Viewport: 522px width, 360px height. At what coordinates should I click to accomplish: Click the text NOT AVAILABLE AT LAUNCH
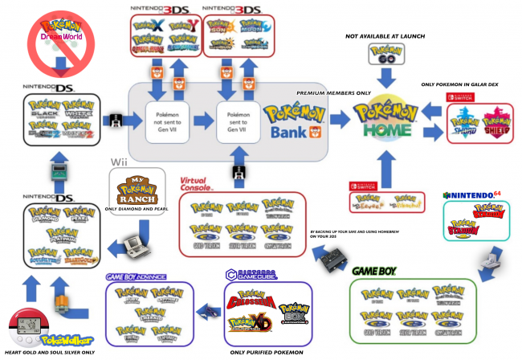click(x=385, y=36)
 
